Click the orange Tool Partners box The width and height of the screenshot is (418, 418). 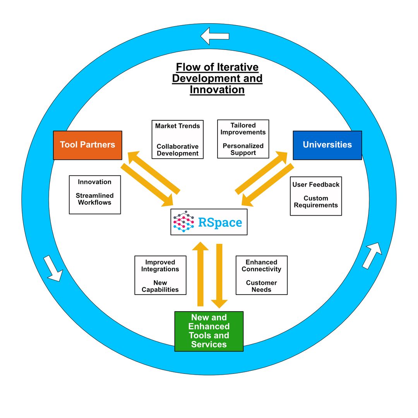click(x=87, y=145)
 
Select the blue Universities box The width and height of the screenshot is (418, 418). click(x=327, y=145)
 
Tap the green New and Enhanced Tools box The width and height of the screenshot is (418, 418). click(x=209, y=331)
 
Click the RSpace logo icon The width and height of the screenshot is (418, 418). click(x=183, y=222)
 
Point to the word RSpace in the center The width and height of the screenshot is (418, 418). click(x=220, y=223)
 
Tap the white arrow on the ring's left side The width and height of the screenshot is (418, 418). click(x=53, y=268)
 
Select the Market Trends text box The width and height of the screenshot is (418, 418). click(x=178, y=139)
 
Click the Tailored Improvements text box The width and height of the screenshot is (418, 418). click(x=243, y=139)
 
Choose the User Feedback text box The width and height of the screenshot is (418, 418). click(x=316, y=196)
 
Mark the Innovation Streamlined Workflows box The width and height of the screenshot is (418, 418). click(x=95, y=195)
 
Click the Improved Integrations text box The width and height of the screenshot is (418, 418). click(x=160, y=275)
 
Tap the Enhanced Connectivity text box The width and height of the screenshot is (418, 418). click(x=262, y=275)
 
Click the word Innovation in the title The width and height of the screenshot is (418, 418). click(x=217, y=90)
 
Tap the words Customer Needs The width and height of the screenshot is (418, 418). click(x=262, y=286)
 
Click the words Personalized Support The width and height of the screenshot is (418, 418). click(x=243, y=149)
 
